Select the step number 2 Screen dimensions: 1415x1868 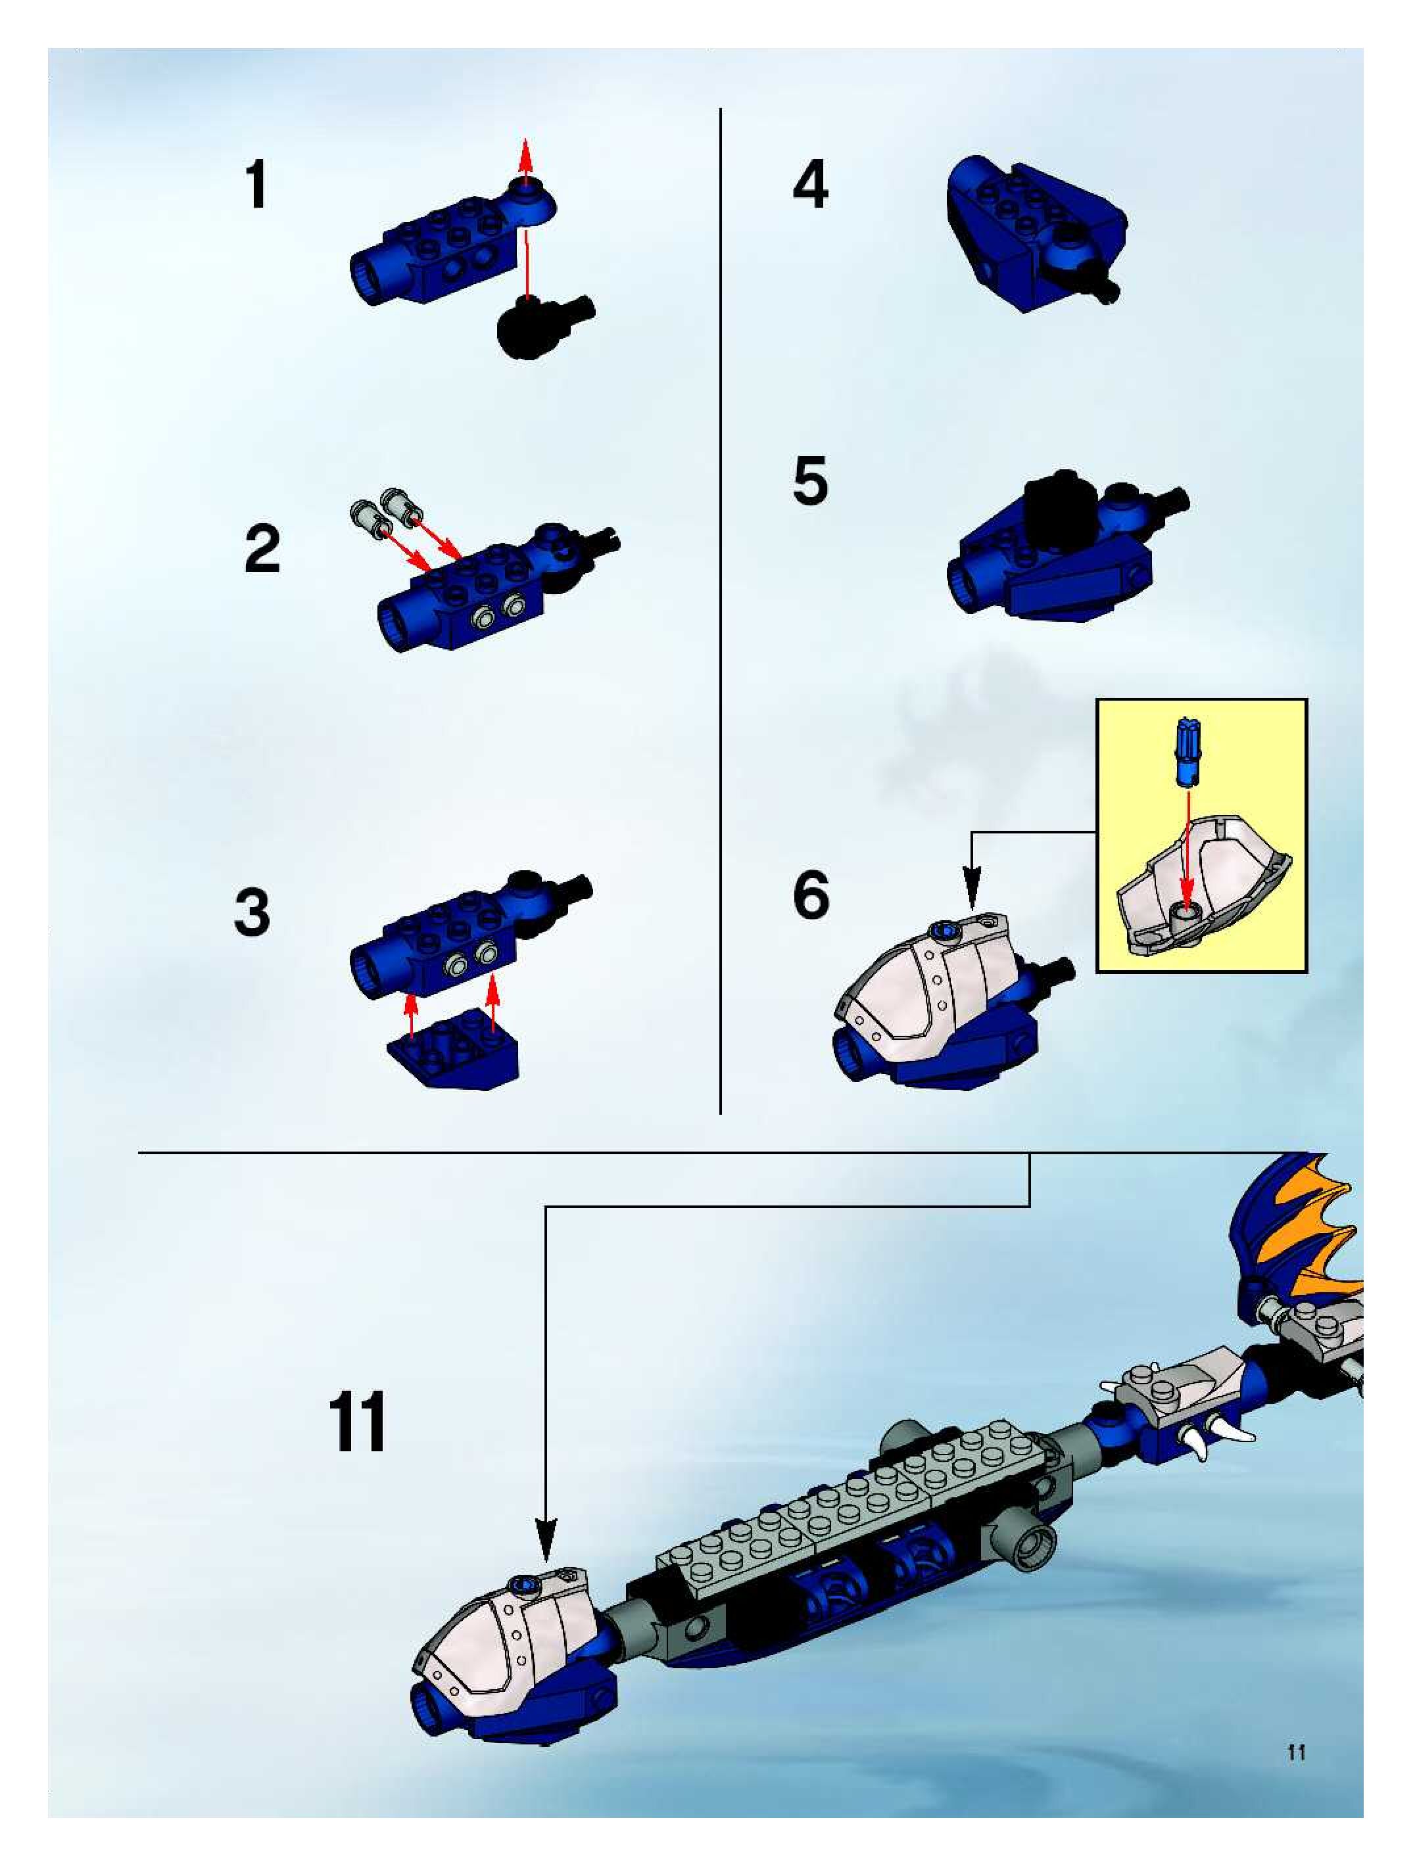(262, 549)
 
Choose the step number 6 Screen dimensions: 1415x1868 (811, 895)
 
